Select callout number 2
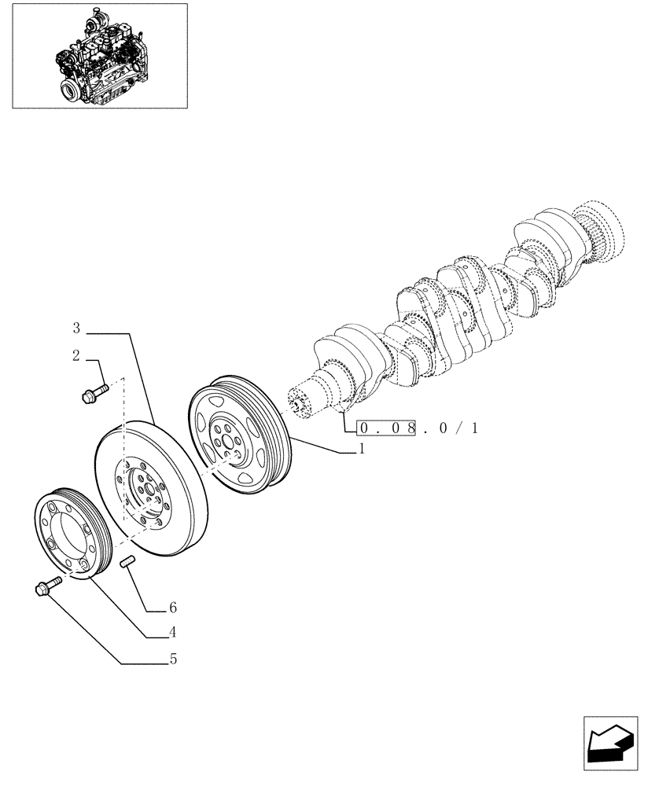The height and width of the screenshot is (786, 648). [76, 356]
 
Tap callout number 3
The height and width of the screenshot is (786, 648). [76, 327]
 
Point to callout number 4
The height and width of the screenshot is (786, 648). [171, 632]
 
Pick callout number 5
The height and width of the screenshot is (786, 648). [172, 659]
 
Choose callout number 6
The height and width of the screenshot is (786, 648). [171, 608]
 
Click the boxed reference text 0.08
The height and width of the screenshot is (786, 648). [385, 428]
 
